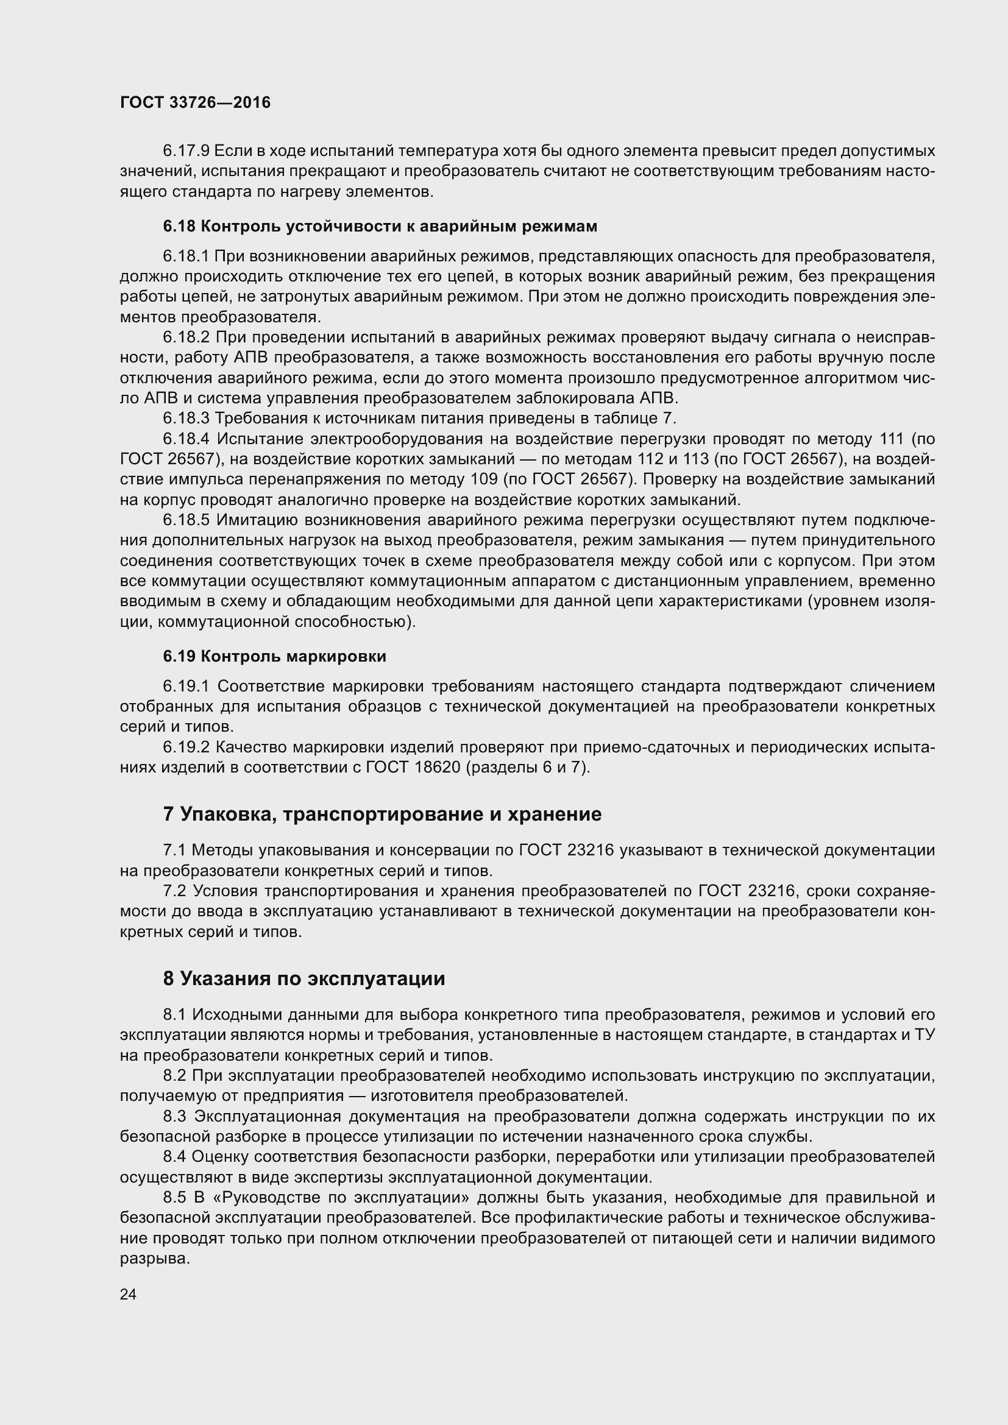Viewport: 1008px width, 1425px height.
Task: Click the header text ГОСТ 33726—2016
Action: (195, 102)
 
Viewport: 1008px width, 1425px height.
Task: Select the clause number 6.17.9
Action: (186, 151)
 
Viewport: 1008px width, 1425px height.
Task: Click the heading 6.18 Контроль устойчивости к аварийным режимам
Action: (380, 227)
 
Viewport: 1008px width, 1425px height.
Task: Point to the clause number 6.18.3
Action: (186, 419)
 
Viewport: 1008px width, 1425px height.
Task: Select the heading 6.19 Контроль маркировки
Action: (274, 657)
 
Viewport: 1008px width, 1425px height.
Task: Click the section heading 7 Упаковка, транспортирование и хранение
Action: (382, 815)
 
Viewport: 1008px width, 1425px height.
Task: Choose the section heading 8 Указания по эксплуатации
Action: (304, 979)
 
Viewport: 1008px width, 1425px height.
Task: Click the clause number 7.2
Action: (174, 891)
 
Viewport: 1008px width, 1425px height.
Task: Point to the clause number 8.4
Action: (174, 1156)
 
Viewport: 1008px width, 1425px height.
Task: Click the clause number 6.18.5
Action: (186, 520)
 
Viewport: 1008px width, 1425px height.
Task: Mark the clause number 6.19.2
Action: (186, 748)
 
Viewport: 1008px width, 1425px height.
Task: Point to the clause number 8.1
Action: (174, 1015)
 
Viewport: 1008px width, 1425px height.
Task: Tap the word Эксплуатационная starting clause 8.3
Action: (268, 1116)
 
